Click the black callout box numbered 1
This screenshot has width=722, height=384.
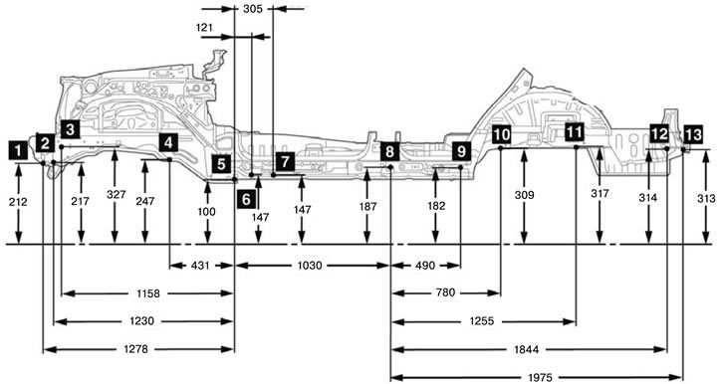click(x=18, y=150)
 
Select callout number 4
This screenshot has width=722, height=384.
click(x=168, y=142)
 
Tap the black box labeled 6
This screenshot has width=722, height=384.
click(x=246, y=199)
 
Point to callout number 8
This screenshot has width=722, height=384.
click(x=390, y=151)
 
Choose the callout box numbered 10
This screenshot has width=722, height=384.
click(x=502, y=134)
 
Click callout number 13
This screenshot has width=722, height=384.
click(x=693, y=134)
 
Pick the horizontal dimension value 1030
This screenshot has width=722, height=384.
click(x=310, y=266)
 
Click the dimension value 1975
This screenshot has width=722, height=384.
click(x=540, y=378)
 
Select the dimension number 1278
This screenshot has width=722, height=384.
click(x=136, y=349)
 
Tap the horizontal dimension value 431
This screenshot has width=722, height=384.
click(x=200, y=266)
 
